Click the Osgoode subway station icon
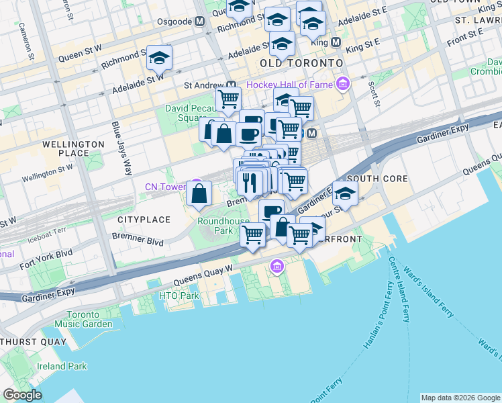199,22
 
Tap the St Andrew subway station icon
231,85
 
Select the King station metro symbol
336,42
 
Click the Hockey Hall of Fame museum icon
344,84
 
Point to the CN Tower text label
166,187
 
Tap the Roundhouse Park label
215,225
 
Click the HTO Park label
179,296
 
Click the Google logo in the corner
23,395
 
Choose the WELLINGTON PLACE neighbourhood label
74,148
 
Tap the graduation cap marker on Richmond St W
160,58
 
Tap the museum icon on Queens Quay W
277,268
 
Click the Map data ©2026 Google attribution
460,398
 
